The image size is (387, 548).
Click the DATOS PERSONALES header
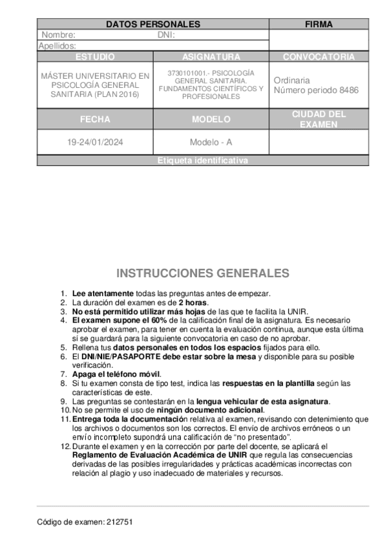point(152,25)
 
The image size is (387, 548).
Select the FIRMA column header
point(319,25)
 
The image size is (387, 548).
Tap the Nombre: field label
point(58,35)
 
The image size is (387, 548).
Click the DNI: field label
point(166,35)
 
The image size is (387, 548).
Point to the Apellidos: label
point(58,46)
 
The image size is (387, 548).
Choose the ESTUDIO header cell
point(95,57)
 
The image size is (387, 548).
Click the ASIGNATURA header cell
point(211,57)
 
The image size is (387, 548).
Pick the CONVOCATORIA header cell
point(319,57)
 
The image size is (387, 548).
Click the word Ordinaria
point(291,80)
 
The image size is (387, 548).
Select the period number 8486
point(347,90)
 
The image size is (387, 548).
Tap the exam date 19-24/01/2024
point(95,142)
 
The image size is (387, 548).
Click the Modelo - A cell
point(211,142)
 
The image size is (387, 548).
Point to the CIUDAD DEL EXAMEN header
point(319,119)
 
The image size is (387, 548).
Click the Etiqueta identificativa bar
point(203,161)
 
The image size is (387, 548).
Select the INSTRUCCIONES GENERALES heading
point(203,273)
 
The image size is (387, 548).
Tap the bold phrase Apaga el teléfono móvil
point(116,374)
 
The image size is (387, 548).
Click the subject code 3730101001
point(187,72)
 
